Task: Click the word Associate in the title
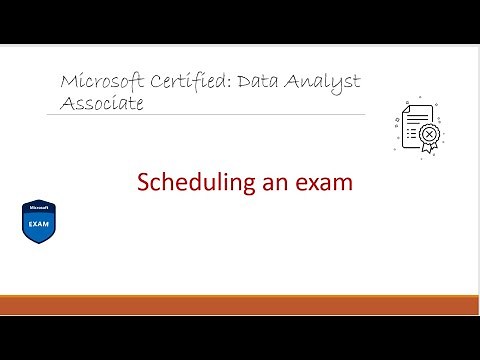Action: click(x=102, y=102)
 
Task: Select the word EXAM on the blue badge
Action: click(x=37, y=224)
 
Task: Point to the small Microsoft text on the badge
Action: click(x=37, y=210)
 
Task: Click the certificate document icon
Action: click(x=418, y=125)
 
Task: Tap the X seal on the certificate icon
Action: click(x=430, y=132)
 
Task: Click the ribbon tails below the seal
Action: click(x=430, y=148)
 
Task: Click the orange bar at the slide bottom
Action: click(x=240, y=305)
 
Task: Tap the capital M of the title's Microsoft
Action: click(x=68, y=81)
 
